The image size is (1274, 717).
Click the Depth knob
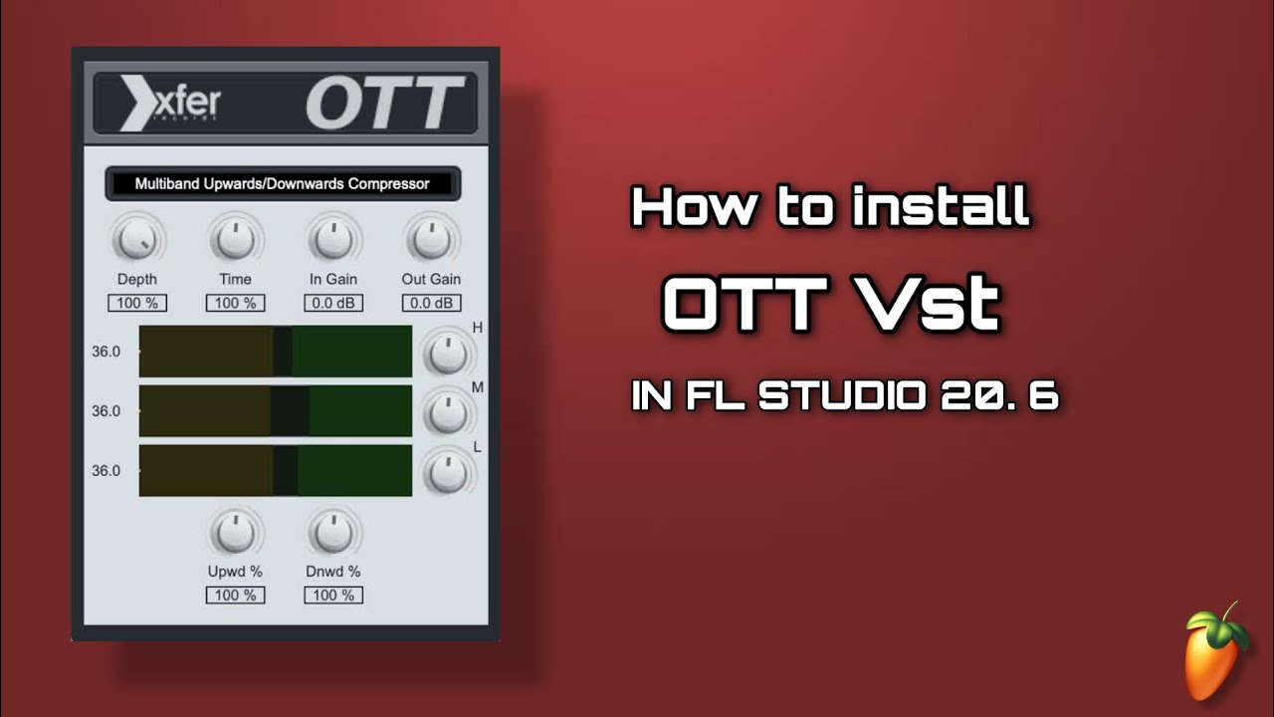coord(137,239)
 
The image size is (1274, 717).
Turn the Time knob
coord(235,239)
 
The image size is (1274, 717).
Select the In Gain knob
coord(332,239)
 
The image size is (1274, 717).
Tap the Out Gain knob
coord(431,239)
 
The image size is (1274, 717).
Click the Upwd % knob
coord(235,533)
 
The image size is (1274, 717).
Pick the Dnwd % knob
coord(333,533)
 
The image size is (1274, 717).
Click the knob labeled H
coord(448,353)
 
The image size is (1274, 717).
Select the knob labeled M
coord(448,412)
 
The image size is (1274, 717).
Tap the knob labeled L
coord(448,472)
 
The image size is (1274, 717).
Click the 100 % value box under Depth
coord(137,303)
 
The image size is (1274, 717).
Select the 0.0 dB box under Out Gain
coord(431,303)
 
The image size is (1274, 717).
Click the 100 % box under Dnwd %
coord(333,596)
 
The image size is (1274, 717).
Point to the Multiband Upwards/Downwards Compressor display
coord(283,184)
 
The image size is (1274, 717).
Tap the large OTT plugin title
coord(385,105)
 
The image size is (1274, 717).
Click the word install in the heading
coord(940,208)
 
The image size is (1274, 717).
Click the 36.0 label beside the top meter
coord(106,351)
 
